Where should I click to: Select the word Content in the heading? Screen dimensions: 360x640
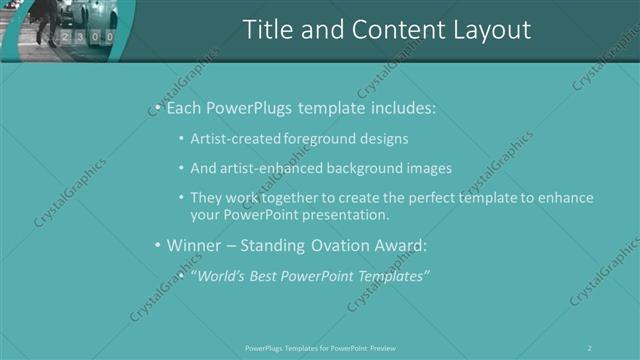click(385, 31)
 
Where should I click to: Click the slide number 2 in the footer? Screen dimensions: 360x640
click(589, 348)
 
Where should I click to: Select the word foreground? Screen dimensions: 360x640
click(319, 139)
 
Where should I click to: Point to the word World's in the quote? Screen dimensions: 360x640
click(221, 275)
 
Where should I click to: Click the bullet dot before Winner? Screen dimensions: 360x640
click(157, 245)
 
